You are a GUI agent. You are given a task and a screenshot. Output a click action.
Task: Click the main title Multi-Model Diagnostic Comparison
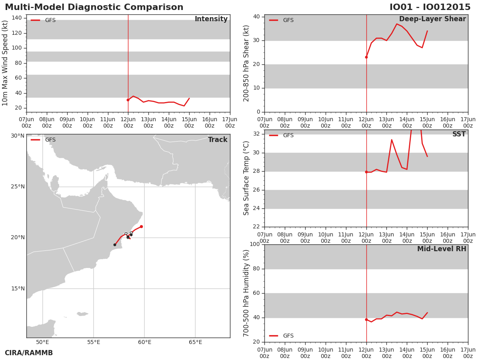click(x=94, y=7)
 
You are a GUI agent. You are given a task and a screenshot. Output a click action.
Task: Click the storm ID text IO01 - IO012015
click(x=430, y=7)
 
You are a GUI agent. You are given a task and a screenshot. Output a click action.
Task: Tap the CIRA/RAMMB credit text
click(x=29, y=353)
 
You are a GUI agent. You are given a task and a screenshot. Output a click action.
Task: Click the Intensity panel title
click(x=211, y=19)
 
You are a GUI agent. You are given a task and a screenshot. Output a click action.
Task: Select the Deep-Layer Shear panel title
click(x=432, y=19)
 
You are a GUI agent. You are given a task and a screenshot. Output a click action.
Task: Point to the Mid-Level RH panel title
click(x=442, y=249)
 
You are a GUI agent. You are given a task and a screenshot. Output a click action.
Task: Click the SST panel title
click(x=459, y=134)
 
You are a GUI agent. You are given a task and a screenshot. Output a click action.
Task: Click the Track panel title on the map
click(x=218, y=140)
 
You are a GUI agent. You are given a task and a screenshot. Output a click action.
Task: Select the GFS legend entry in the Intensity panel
click(x=43, y=20)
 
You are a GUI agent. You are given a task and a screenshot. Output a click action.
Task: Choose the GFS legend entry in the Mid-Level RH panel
click(x=281, y=336)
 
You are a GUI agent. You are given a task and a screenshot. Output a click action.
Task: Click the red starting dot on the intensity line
click(x=128, y=100)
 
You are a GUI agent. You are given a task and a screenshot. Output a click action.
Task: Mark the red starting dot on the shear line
click(x=366, y=57)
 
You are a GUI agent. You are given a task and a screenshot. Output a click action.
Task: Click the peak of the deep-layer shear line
click(x=397, y=24)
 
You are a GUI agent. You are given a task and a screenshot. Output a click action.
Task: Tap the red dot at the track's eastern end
click(x=142, y=226)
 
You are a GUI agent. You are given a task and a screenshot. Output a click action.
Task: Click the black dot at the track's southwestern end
click(x=115, y=244)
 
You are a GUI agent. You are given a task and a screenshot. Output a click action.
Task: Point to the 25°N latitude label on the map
click(x=18, y=187)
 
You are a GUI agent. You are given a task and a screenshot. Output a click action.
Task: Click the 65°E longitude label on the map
click(x=196, y=342)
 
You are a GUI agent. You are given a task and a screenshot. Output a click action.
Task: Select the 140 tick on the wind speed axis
click(x=17, y=18)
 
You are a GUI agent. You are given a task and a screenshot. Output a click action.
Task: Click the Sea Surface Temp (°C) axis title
click(x=246, y=178)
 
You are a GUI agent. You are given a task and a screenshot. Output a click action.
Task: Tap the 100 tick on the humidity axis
click(x=255, y=244)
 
